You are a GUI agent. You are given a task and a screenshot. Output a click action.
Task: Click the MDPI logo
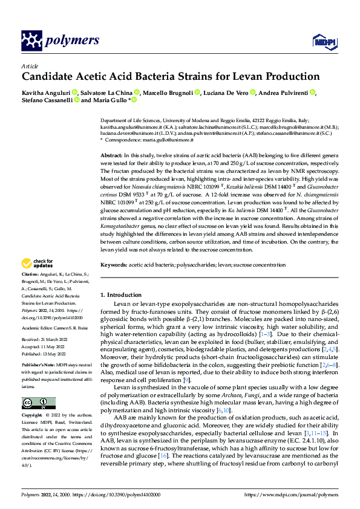320,41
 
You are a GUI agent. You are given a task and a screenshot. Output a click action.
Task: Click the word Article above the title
30,66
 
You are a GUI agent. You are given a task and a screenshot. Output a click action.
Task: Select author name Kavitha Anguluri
45,92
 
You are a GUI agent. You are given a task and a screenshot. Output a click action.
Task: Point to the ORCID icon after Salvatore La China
139,92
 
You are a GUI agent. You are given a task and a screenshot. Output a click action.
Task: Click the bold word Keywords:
115,265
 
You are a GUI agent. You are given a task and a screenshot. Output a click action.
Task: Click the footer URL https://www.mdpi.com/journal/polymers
291,494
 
